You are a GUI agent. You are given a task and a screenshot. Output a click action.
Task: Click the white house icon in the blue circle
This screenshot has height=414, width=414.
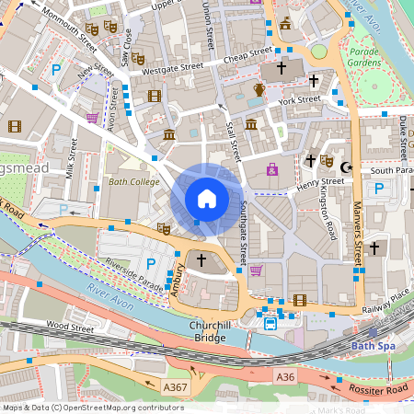[x=207, y=199]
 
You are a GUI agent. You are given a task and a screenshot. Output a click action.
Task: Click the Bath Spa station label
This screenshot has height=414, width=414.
[x=378, y=347]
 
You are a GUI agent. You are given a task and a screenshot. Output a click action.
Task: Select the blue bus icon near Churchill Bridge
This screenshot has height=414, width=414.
[x=270, y=323]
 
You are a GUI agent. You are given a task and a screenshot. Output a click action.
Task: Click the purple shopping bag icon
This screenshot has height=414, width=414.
[x=271, y=169]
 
